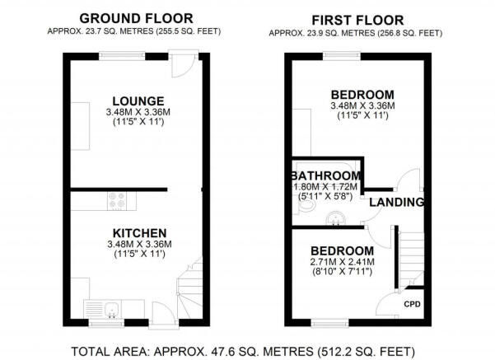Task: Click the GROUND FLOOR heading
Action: tap(137, 17)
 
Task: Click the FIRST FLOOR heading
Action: tap(358, 19)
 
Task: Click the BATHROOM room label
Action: tap(326, 176)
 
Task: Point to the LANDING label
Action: tap(396, 202)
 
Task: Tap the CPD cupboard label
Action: tap(413, 303)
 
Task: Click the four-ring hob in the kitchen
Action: tap(117, 199)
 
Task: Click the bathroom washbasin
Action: tap(336, 218)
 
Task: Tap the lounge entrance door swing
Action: tap(187, 64)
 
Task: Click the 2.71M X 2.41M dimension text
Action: tap(340, 263)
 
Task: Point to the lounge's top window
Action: tap(124, 54)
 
